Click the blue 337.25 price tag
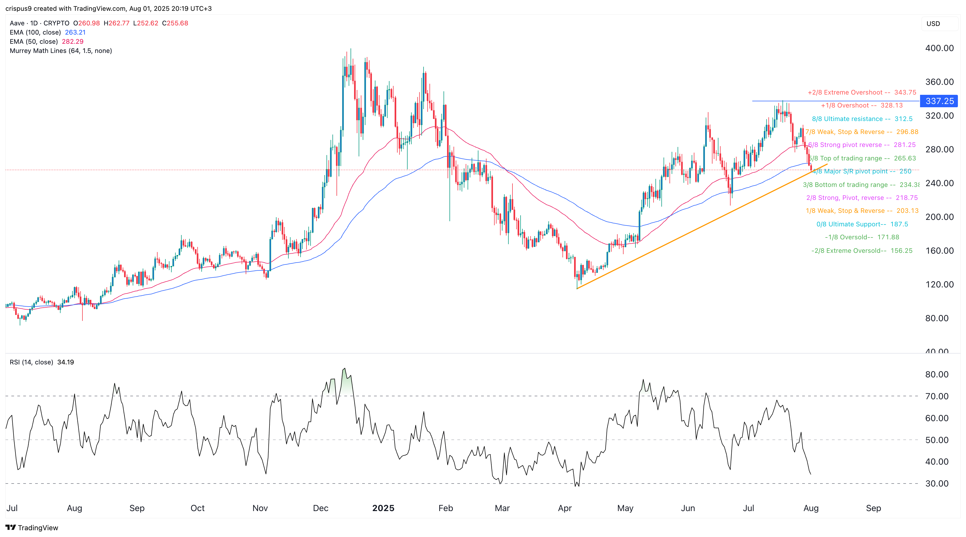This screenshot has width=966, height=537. click(939, 101)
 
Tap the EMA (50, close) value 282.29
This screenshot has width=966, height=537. click(73, 42)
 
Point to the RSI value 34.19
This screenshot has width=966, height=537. click(66, 362)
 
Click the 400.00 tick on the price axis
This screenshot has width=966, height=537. click(939, 48)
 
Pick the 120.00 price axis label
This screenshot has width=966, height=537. click(939, 284)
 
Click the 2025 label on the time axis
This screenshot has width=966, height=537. click(383, 508)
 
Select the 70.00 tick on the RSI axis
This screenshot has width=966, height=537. click(937, 396)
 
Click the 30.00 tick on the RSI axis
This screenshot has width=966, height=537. click(937, 484)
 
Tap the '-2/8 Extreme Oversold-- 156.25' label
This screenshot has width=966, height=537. click(862, 251)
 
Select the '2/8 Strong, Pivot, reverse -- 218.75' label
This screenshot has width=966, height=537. click(862, 198)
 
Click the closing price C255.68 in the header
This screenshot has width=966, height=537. click(175, 23)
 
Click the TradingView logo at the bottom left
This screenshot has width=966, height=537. click(32, 528)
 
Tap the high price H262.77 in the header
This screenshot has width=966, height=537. click(116, 23)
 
